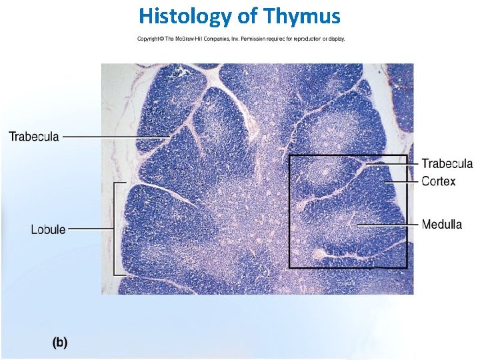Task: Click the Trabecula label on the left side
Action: [x=34, y=137]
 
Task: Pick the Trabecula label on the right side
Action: [x=447, y=164]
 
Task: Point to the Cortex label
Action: [x=439, y=181]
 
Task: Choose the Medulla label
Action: [x=441, y=225]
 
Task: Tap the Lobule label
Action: [x=48, y=229]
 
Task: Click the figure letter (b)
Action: [x=60, y=343]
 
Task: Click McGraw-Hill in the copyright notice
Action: [x=191, y=39]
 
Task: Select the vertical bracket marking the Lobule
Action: [x=116, y=229]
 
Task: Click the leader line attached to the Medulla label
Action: [x=387, y=225]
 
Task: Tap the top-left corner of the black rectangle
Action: [x=289, y=156]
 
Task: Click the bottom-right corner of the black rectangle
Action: [x=407, y=267]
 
